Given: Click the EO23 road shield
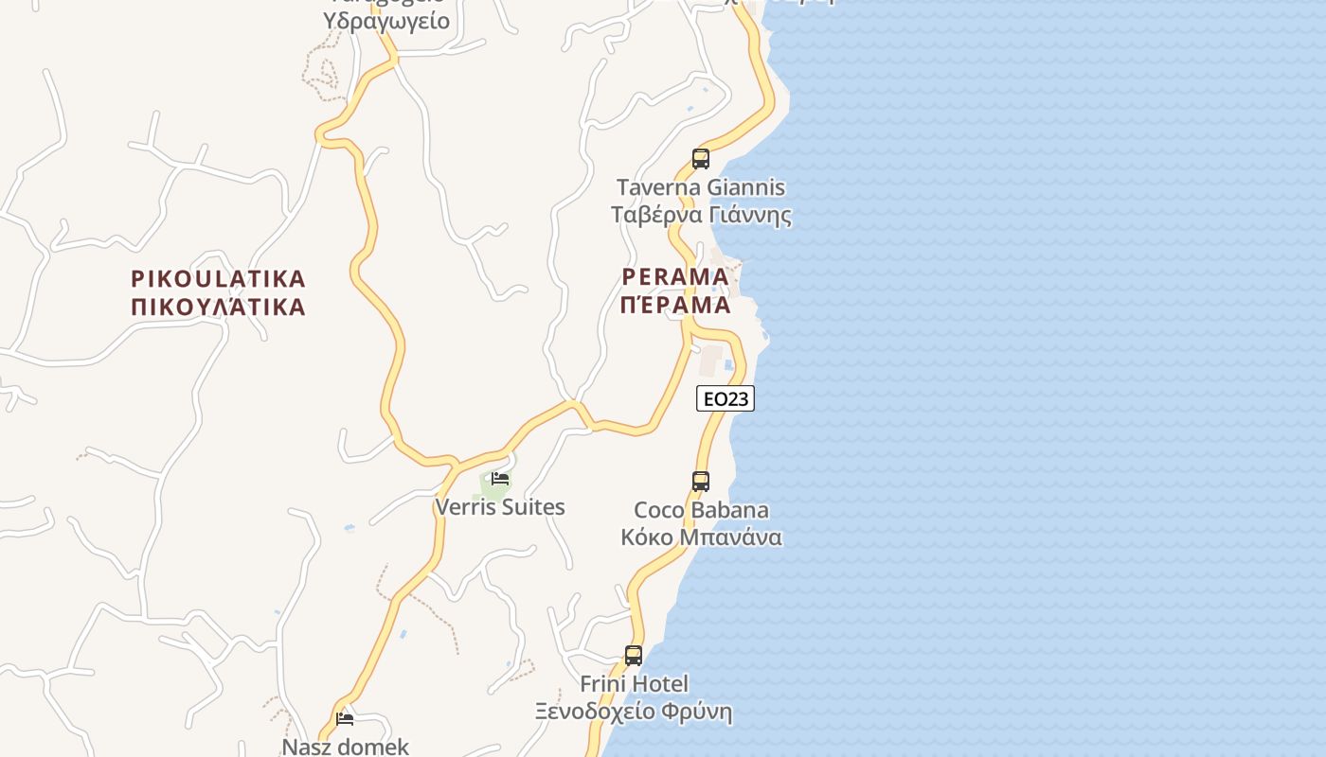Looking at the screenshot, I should [725, 398].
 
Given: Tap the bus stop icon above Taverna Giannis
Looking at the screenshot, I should [701, 159].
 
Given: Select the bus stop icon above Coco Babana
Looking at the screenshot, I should [701, 482].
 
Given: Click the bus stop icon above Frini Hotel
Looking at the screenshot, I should [634, 655].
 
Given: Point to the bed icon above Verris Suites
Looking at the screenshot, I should [500, 479].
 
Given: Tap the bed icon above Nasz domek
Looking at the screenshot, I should [345, 719].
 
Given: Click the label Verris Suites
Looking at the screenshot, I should [500, 507].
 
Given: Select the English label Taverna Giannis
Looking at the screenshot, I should [701, 187].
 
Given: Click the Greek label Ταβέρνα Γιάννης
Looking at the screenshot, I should [701, 215].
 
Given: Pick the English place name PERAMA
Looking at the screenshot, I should [675, 277].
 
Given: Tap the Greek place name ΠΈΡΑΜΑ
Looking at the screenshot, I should [675, 305].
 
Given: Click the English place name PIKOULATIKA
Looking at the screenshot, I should [219, 279].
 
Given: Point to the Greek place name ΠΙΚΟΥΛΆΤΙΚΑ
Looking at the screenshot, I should [219, 307].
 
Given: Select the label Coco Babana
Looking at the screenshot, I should [701, 510].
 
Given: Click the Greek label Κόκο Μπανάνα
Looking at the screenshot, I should [701, 537].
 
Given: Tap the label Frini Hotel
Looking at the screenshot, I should [634, 683].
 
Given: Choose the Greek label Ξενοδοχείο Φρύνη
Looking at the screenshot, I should [634, 712].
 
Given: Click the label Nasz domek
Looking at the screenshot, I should [346, 747].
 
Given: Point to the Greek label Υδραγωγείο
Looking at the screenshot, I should [386, 21].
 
